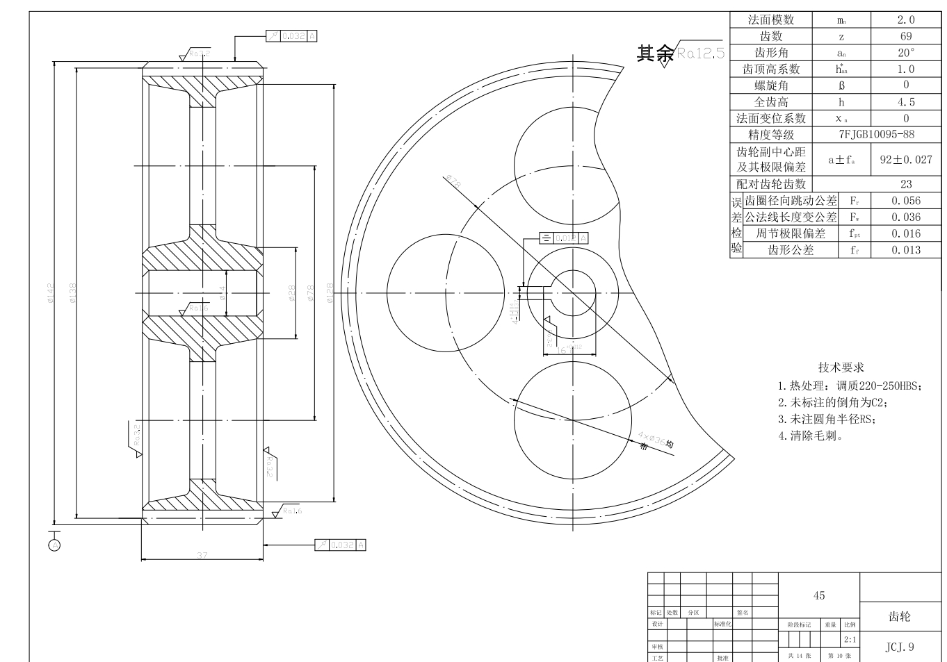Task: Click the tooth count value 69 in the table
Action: pos(905,36)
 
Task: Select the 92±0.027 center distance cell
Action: pos(905,159)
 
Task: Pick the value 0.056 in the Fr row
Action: pos(905,200)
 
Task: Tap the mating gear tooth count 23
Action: pos(905,184)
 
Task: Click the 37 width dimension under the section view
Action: pos(202,555)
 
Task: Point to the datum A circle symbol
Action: pos(54,545)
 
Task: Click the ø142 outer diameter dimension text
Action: pos(50,292)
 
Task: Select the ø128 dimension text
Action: pos(330,292)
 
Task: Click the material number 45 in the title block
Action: pos(818,595)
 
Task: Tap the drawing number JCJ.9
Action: pos(899,647)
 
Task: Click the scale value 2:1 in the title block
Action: pos(850,640)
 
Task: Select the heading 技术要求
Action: pos(841,367)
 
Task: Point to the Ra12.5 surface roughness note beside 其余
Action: pos(700,53)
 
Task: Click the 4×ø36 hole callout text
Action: pos(654,440)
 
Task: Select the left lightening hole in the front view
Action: pos(446,293)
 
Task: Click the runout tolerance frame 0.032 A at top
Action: pos(292,35)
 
